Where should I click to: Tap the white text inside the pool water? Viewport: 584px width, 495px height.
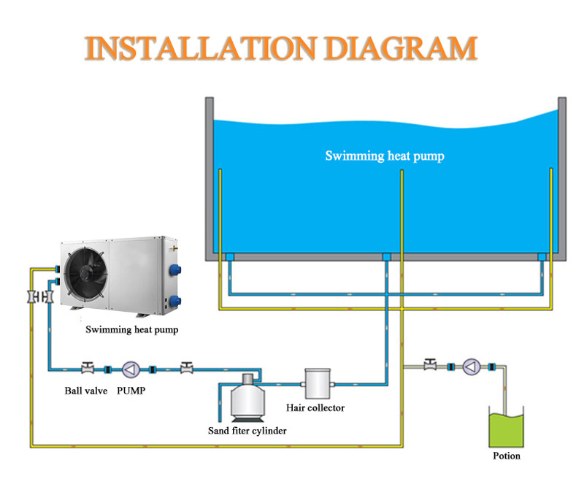click(384, 156)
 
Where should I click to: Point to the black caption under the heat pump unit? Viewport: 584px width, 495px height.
click(131, 329)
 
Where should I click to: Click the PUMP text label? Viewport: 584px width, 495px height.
click(131, 391)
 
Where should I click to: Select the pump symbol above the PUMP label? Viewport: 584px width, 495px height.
click(131, 368)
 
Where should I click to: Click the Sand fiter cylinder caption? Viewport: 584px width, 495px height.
click(247, 431)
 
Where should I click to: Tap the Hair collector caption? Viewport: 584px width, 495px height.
click(316, 407)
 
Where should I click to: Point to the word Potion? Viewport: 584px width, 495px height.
click(507, 456)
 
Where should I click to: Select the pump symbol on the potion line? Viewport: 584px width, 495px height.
click(471, 366)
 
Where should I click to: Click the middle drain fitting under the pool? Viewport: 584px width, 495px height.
click(386, 257)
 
